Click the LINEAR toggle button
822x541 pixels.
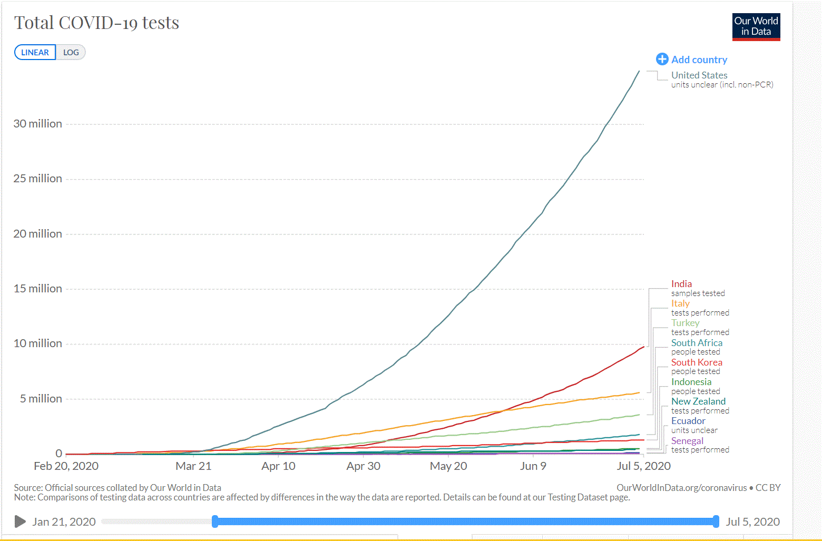(35, 53)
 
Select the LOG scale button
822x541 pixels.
(71, 53)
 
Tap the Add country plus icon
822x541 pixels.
(662, 60)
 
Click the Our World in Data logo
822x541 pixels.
(756, 27)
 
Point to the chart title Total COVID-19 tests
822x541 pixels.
(96, 23)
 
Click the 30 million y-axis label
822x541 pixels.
(38, 124)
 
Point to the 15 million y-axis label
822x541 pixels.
(38, 289)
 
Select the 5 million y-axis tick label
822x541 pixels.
(41, 399)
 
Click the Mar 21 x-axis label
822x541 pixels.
(193, 466)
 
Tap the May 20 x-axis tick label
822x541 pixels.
(448, 466)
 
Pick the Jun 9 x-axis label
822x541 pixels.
(533, 466)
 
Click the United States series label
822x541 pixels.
(699, 75)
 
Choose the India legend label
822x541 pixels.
(681, 284)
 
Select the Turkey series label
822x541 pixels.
(685, 323)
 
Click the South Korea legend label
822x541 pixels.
(697, 362)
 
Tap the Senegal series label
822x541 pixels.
(687, 441)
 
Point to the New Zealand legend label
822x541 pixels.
(698, 401)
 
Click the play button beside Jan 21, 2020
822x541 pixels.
(20, 522)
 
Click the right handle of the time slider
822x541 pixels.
(716, 522)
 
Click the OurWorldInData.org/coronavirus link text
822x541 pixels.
(681, 488)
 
